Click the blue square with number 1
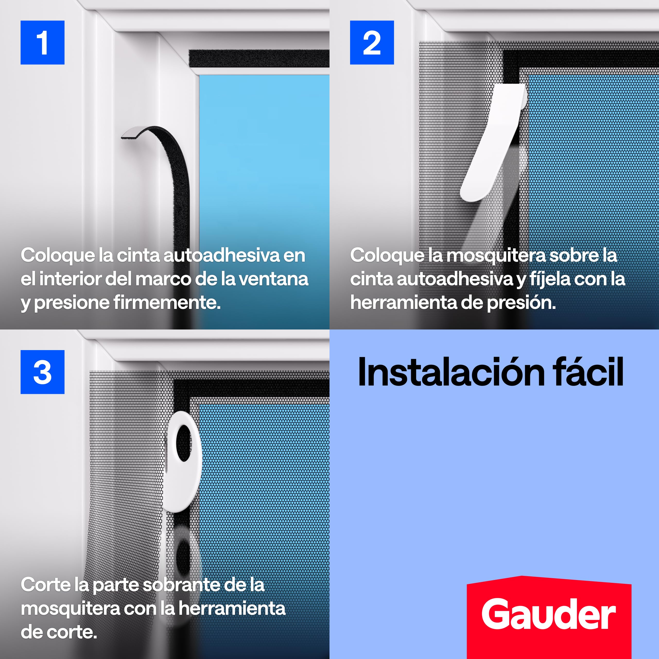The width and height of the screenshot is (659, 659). (42, 42)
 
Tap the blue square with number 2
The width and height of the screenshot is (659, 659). (372, 42)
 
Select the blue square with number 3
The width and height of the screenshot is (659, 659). (42, 372)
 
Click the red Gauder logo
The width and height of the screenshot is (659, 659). (549, 614)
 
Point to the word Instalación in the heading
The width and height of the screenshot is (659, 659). (452, 372)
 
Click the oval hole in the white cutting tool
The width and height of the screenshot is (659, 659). (184, 443)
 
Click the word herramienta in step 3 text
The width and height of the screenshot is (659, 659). (232, 609)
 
